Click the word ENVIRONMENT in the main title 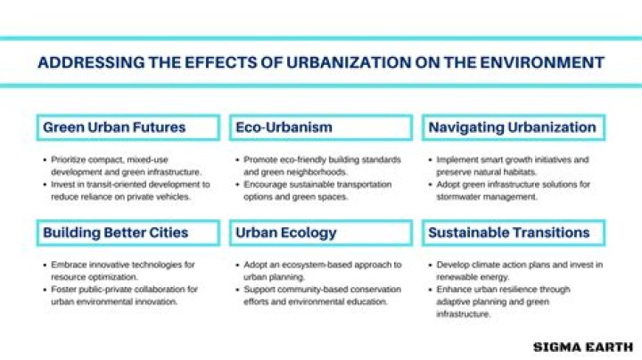[540, 62]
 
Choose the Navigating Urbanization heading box [514, 127]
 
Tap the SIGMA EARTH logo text [582, 346]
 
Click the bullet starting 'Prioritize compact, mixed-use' [125, 166]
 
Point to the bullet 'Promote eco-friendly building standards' [321, 166]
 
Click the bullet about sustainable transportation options [321, 190]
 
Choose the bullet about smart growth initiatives [514, 166]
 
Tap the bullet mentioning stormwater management [514, 190]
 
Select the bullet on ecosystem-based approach [321, 271]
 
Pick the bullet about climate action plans [517, 271]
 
